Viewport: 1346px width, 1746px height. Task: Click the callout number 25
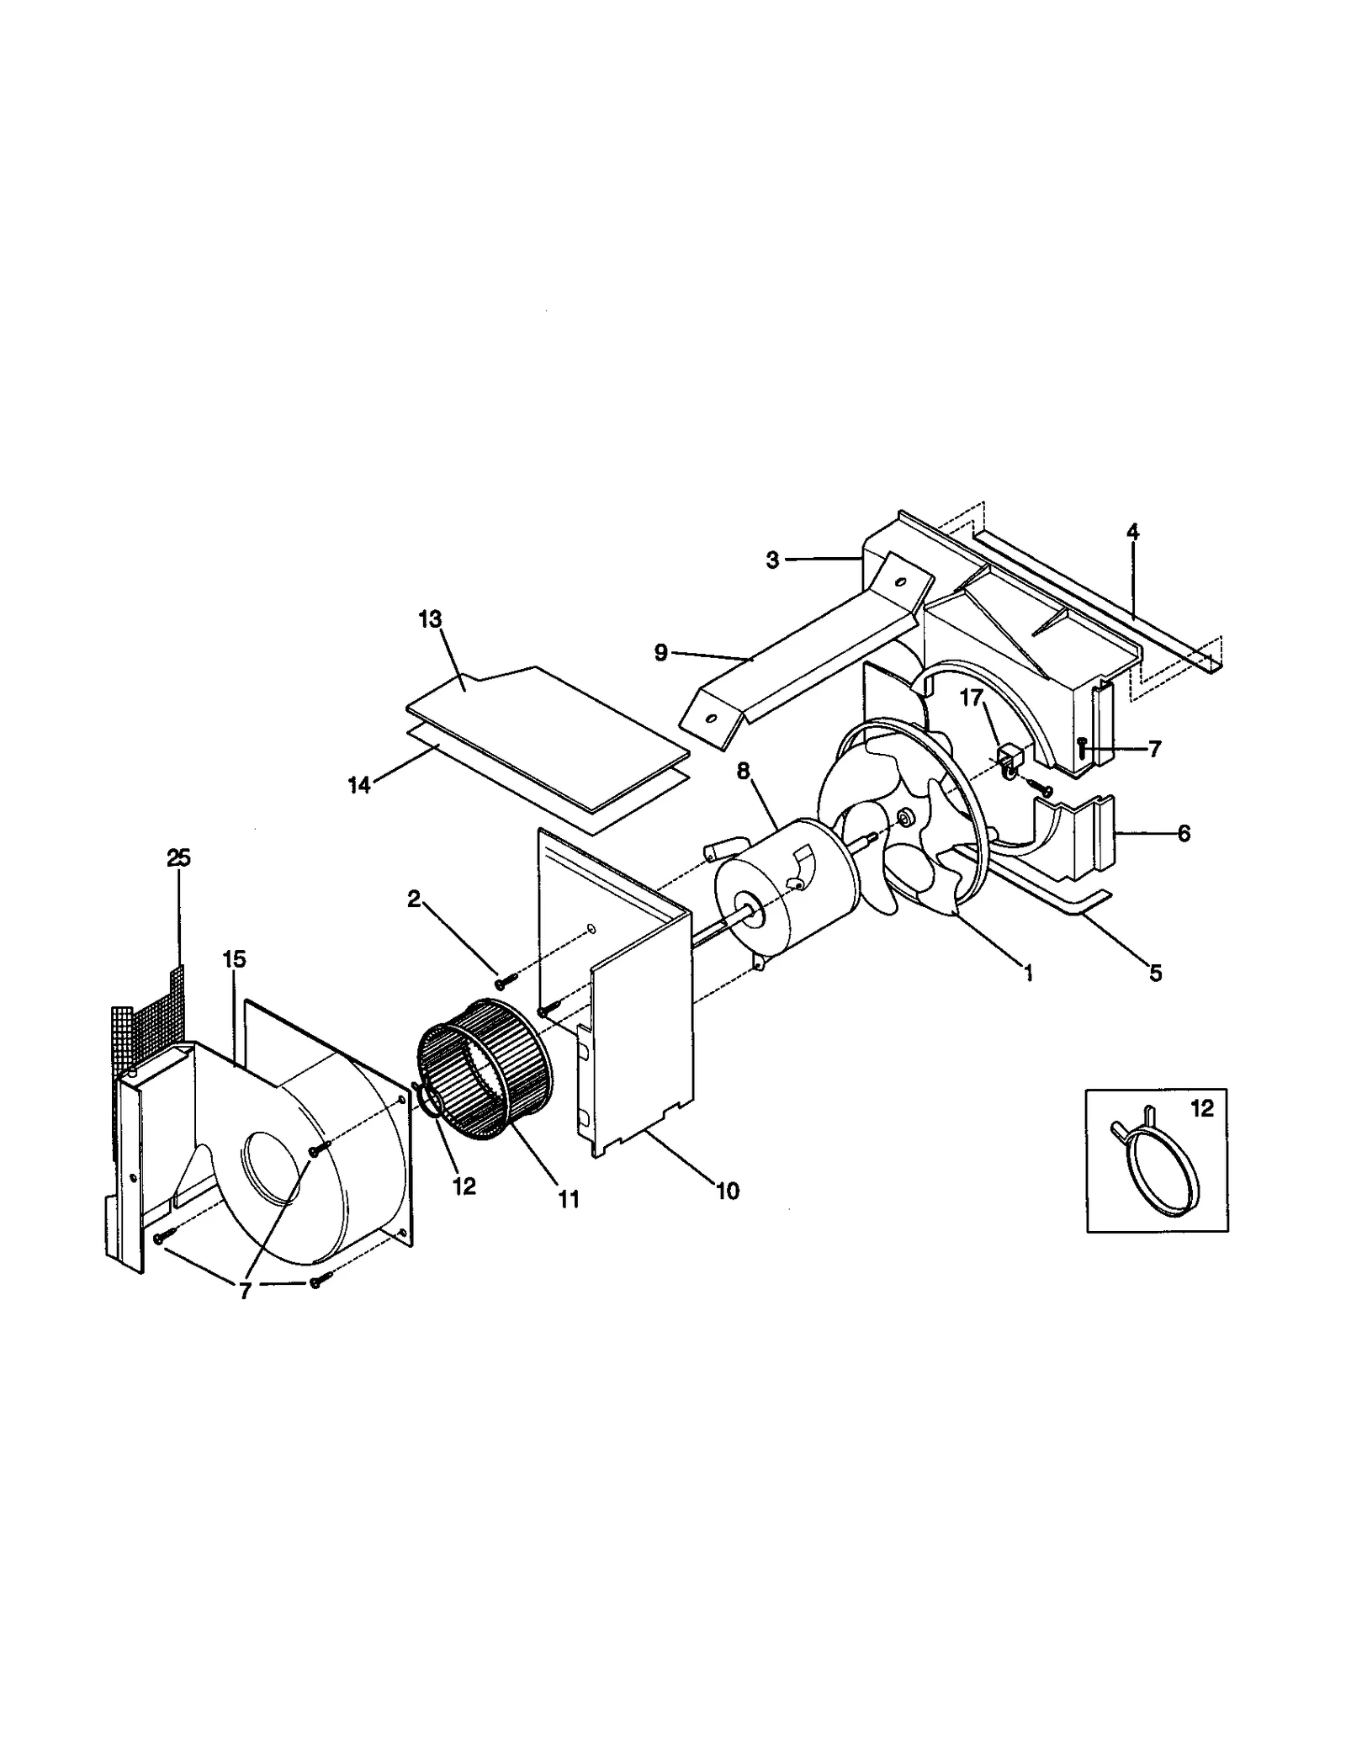(178, 857)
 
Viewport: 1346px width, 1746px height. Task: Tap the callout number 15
(234, 958)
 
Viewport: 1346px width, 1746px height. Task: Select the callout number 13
(430, 619)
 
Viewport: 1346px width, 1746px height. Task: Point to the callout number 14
(359, 785)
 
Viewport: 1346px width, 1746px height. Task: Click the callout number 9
(660, 652)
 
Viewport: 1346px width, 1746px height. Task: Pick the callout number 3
(772, 560)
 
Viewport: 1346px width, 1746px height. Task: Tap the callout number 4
(1133, 532)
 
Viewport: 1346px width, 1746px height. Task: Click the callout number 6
(1184, 833)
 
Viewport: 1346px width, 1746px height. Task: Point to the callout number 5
(1156, 973)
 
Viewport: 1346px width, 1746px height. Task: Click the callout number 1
(1027, 973)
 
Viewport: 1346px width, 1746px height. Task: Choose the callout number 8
(742, 769)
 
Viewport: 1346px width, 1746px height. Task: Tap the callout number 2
(413, 899)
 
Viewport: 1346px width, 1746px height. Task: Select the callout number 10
(728, 1191)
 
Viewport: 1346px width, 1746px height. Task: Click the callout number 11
(570, 1199)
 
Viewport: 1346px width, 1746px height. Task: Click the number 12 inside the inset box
(1202, 1109)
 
